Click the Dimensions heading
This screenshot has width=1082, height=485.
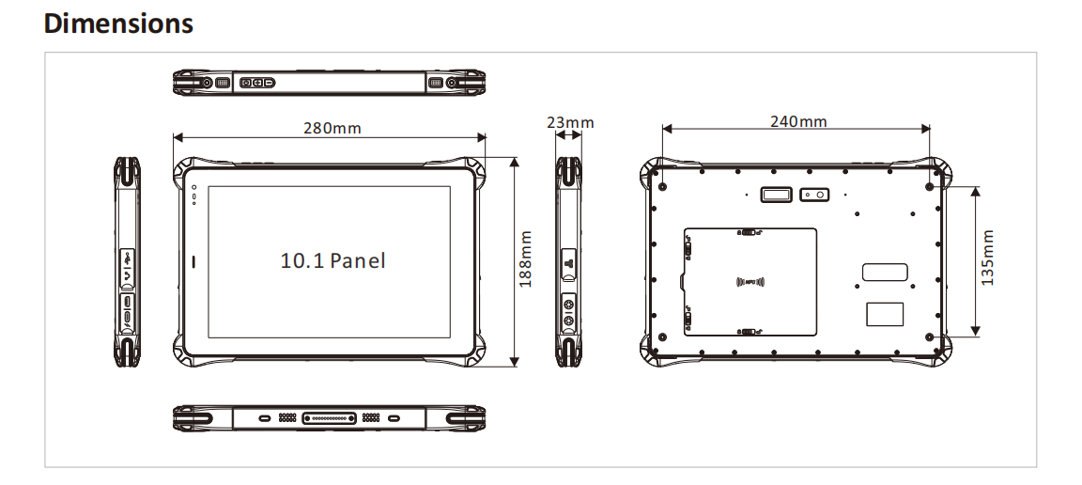pyautogui.click(x=118, y=23)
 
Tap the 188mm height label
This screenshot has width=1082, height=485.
pyautogui.click(x=526, y=259)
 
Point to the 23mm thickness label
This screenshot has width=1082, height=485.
pyautogui.click(x=570, y=123)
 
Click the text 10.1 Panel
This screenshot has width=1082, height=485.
pyautogui.click(x=332, y=260)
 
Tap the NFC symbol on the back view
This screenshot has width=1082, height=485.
pyautogui.click(x=751, y=281)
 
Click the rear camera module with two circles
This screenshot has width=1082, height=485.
pyautogui.click(x=815, y=195)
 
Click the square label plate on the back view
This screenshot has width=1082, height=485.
pyautogui.click(x=884, y=314)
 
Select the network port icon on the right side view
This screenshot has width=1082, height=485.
pyautogui.click(x=567, y=266)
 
